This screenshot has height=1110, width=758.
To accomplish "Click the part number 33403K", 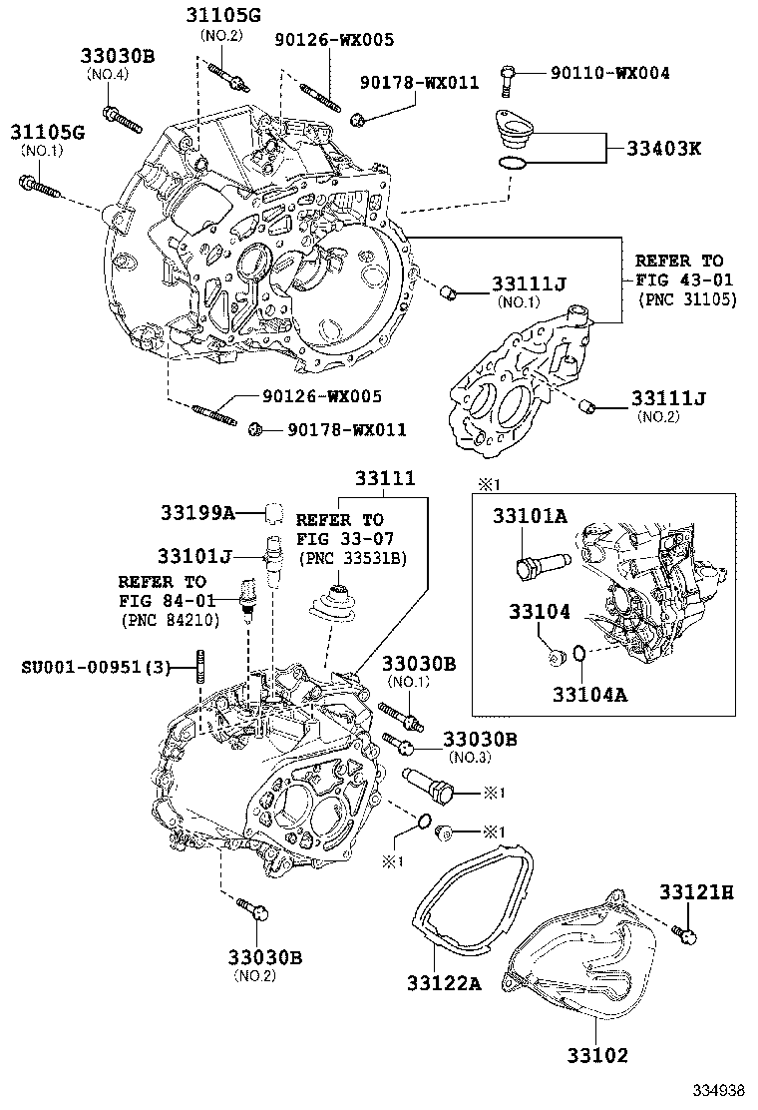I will (663, 149).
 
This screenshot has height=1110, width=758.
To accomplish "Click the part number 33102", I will (597, 1053).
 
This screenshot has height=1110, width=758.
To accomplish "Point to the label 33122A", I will (443, 984).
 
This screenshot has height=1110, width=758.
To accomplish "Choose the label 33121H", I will (695, 891).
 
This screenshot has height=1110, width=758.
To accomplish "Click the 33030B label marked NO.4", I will (118, 57).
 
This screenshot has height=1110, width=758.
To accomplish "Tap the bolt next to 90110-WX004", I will (510, 73).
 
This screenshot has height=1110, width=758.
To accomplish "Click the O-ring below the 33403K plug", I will (510, 164).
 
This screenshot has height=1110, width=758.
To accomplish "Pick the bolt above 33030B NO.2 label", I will (252, 908).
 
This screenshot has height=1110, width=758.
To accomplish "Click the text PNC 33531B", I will (350, 557).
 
